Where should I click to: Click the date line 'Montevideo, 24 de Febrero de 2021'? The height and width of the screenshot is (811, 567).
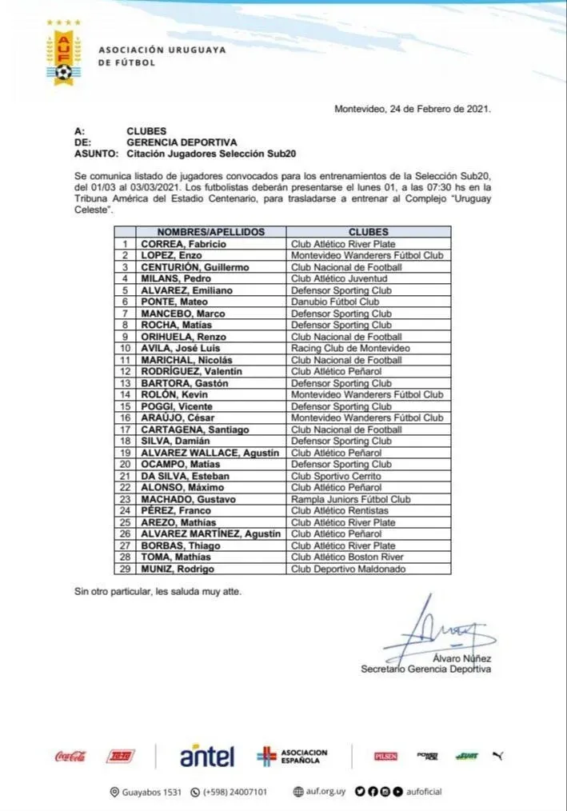(413, 109)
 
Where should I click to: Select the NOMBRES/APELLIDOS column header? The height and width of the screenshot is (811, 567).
(211, 232)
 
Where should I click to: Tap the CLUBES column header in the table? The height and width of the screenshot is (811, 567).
(368, 232)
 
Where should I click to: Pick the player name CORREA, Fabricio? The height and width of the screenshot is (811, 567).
(183, 244)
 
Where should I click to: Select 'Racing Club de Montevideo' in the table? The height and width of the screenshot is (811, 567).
(350, 348)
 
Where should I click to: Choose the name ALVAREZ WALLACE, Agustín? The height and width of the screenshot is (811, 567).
(210, 453)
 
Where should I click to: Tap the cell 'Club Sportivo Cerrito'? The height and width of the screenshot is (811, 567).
(336, 476)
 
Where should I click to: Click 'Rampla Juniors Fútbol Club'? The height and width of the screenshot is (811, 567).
(350, 499)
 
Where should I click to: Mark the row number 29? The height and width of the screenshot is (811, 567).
(124, 569)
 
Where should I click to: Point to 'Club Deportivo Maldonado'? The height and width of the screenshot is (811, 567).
(349, 569)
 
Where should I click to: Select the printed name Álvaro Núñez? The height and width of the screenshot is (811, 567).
(461, 658)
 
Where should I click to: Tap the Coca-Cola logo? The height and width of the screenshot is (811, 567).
(70, 756)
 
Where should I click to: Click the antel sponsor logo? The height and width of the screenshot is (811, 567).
(206, 756)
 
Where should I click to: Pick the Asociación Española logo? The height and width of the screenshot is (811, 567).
(293, 756)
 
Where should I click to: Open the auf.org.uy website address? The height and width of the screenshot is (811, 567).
(319, 792)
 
